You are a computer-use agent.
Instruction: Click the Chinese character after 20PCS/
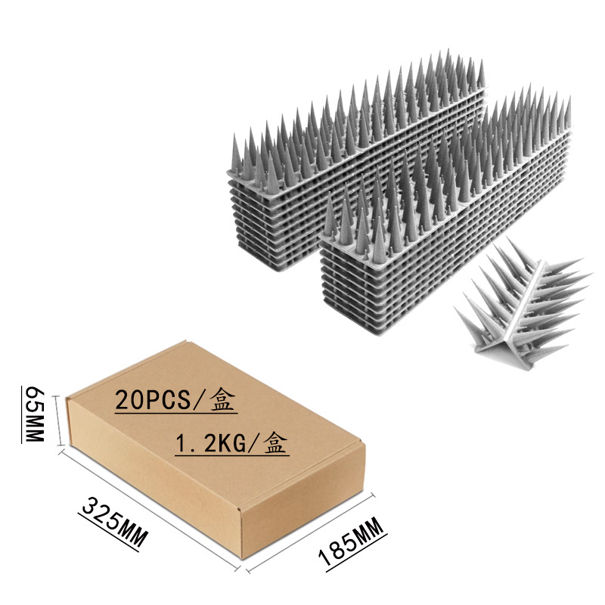click(222, 400)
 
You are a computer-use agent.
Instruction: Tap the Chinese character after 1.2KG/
click(275, 443)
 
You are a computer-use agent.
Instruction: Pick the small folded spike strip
click(522, 302)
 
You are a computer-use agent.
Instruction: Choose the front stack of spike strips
click(446, 227)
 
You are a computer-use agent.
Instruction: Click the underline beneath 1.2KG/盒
click(231, 455)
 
